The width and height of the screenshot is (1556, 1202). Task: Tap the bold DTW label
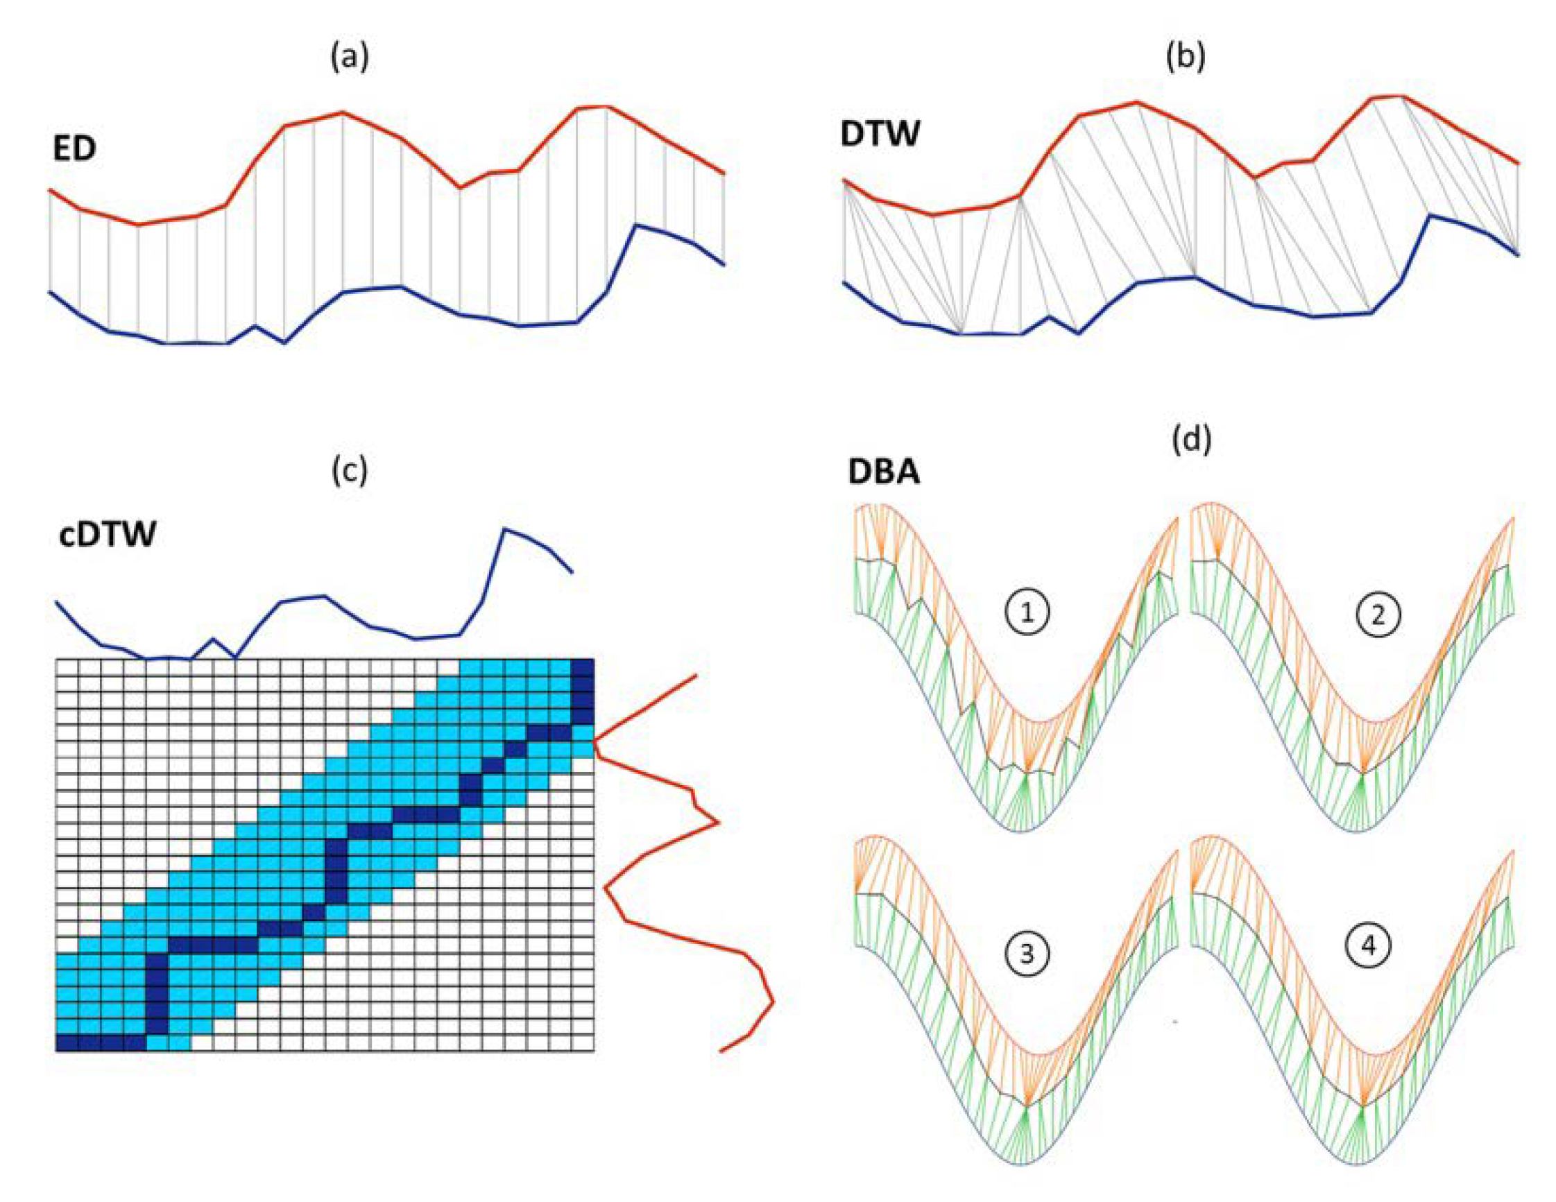tap(880, 133)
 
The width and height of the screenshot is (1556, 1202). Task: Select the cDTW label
tap(107, 534)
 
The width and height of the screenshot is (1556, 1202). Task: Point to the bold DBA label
tap(883, 472)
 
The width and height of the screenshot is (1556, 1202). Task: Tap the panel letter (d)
tap(1191, 440)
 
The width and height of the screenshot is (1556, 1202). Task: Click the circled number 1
tap(1027, 613)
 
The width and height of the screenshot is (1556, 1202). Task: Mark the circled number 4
tap(1369, 947)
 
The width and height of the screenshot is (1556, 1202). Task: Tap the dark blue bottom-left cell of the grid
tap(67, 1043)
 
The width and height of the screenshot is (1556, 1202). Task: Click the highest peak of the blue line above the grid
tap(504, 529)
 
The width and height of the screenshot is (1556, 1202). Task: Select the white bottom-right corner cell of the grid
tap(583, 1043)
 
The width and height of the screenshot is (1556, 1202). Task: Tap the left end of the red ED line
tap(49, 190)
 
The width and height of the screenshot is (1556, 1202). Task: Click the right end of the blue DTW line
tap(1519, 255)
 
